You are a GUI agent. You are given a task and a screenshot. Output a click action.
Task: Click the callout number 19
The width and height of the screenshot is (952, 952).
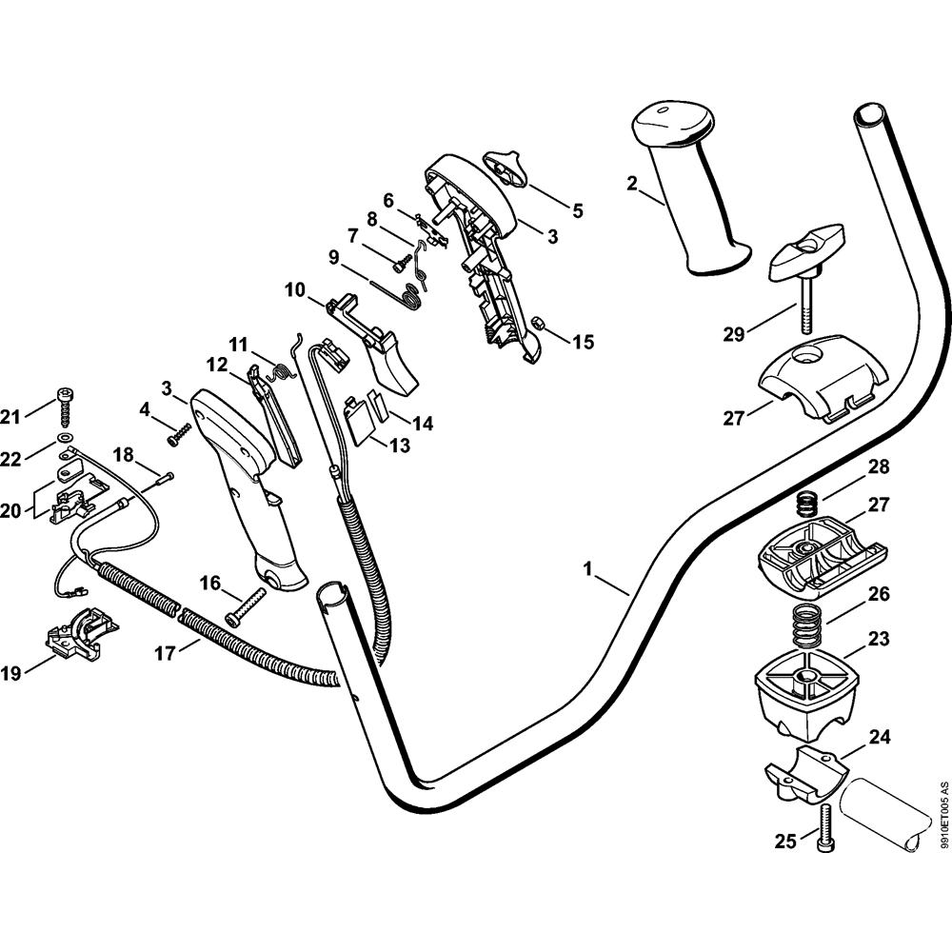tap(11, 674)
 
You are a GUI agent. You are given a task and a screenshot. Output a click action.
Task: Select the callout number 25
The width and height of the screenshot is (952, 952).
tap(784, 841)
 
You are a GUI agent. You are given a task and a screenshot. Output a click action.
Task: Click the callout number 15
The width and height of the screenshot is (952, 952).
tap(582, 340)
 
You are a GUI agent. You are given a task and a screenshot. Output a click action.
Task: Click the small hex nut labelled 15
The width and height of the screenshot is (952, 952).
tap(538, 324)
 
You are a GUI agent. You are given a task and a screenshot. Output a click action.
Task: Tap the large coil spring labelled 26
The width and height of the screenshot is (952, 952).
tap(808, 629)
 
